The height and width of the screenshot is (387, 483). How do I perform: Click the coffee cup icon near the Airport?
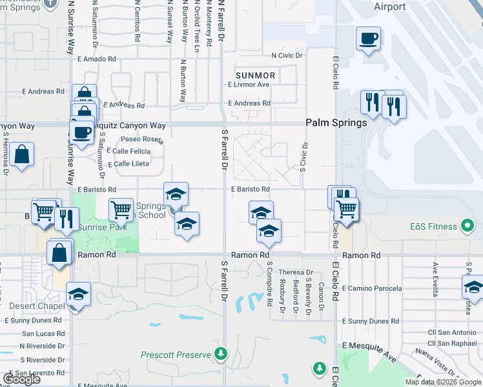368,37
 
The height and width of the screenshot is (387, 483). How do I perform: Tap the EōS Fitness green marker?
468,226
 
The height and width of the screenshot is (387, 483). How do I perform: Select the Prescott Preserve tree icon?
221,353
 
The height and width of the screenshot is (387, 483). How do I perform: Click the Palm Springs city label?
336,123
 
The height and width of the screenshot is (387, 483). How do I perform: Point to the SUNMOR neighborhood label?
255,75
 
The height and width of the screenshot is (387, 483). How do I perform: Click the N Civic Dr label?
287,56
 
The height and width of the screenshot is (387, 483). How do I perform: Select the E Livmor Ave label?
249,84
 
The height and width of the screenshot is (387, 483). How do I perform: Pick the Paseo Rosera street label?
142,139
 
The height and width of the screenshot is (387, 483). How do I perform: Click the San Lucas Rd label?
43,333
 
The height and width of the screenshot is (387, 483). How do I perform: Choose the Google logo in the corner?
22,379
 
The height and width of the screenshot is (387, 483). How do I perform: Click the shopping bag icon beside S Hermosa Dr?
21,154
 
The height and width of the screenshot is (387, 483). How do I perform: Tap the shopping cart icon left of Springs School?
121,209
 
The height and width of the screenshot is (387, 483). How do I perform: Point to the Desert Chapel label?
34,306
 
